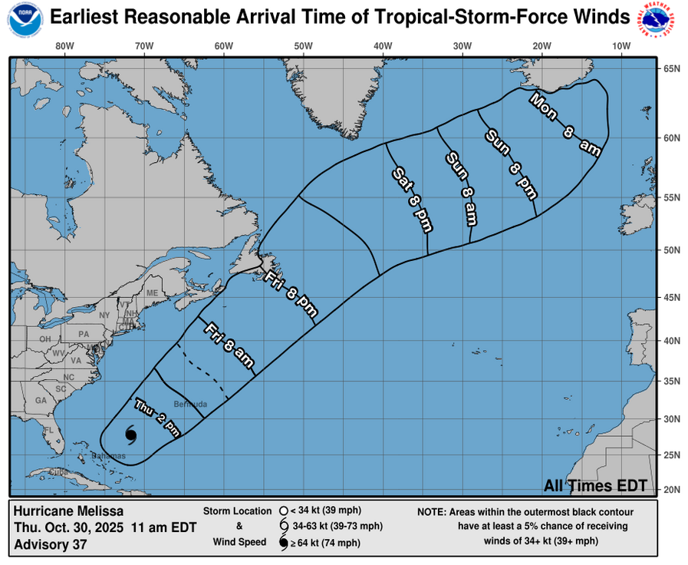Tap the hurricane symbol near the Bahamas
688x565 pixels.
pyautogui.click(x=130, y=435)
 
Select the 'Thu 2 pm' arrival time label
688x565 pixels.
pyautogui.click(x=157, y=416)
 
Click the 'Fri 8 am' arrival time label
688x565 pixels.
pyautogui.click(x=229, y=346)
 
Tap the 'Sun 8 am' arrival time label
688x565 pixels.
pyautogui.click(x=462, y=188)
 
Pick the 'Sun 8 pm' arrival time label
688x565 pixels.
pyautogui.click(x=509, y=162)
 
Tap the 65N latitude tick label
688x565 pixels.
pyautogui.click(x=672, y=68)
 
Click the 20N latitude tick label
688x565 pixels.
pyautogui.click(x=672, y=489)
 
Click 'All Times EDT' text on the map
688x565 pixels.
pyautogui.click(x=594, y=485)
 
